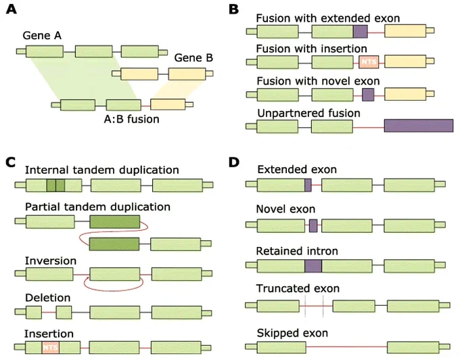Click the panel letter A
click(x=11, y=9)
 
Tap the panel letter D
click(x=234, y=162)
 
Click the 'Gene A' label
click(x=42, y=35)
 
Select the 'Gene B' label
click(x=193, y=58)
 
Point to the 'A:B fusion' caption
click(x=132, y=119)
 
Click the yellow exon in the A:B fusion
click(x=168, y=104)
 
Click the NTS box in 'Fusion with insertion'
click(x=369, y=62)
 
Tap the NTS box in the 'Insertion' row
click(x=51, y=348)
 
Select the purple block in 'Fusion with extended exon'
click(x=361, y=31)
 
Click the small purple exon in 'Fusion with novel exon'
click(x=368, y=95)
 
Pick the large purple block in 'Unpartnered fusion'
click(x=419, y=126)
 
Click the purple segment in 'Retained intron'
click(x=313, y=266)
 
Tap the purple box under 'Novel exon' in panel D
click(x=313, y=225)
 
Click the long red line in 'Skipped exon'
click(x=347, y=346)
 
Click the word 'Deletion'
click(x=48, y=298)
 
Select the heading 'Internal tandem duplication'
click(x=102, y=170)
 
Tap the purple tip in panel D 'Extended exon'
click(x=308, y=185)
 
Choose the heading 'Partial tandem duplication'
click(x=97, y=207)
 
